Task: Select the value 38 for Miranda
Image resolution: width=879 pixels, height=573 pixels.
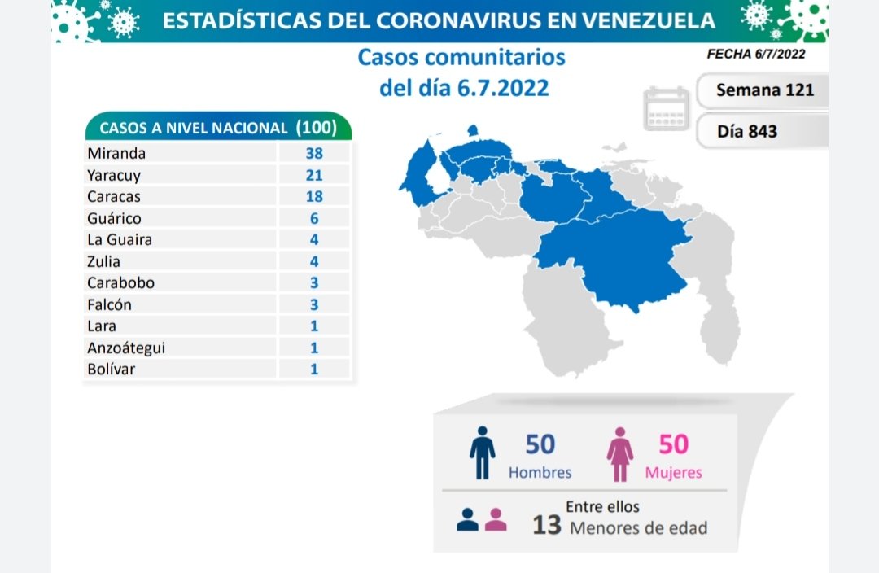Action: pos(314,153)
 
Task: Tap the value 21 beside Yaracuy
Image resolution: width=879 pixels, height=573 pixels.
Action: pos(314,175)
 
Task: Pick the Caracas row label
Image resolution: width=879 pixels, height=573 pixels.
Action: pos(113,196)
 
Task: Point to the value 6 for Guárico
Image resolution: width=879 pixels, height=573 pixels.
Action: pos(314,218)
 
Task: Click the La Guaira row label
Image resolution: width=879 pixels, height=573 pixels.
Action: pos(120,239)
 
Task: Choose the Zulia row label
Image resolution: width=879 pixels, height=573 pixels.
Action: pos(103,261)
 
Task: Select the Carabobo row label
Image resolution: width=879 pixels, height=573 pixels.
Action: pos(120,282)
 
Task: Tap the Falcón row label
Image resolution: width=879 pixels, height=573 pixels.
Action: pos(109,304)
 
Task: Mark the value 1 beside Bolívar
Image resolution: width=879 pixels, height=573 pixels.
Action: pos(314,369)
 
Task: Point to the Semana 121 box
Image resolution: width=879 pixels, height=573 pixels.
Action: pos(764,90)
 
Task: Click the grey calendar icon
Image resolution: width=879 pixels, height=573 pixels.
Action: pos(667,109)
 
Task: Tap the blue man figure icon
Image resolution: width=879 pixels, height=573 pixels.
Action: pos(482,453)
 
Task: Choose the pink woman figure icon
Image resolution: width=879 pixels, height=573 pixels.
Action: pos(620,453)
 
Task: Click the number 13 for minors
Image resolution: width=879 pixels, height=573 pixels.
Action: pos(547,526)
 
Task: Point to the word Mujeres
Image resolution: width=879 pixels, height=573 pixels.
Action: pos(673,472)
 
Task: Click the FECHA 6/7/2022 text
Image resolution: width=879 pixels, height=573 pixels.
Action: pos(756,55)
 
